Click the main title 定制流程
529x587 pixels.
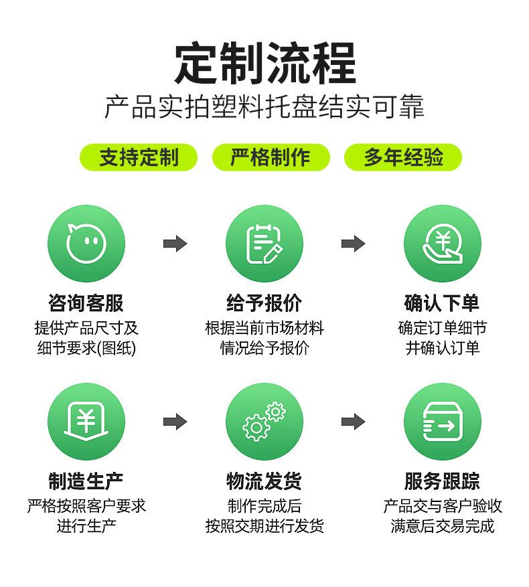point(264,64)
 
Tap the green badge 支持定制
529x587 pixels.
point(139,158)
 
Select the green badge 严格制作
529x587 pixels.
point(271,158)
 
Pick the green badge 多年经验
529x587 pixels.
point(403,158)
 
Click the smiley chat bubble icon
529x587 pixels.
point(86,244)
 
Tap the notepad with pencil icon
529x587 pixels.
point(264,244)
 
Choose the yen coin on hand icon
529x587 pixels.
point(442,244)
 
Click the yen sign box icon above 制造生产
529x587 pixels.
point(86,422)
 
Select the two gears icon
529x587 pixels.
point(264,422)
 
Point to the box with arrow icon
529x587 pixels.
point(442,422)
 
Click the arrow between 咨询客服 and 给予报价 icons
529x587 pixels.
point(175,244)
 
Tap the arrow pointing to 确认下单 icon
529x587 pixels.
point(353,244)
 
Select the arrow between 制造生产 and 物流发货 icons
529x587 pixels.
point(175,422)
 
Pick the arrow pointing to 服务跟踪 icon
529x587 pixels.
point(353,422)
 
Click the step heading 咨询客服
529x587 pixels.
point(86,303)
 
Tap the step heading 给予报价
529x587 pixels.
point(264,303)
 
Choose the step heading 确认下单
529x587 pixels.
point(442,303)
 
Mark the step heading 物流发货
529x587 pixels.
point(264,481)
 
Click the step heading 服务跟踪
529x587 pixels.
point(442,481)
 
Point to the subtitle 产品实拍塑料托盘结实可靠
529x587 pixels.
point(264,108)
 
